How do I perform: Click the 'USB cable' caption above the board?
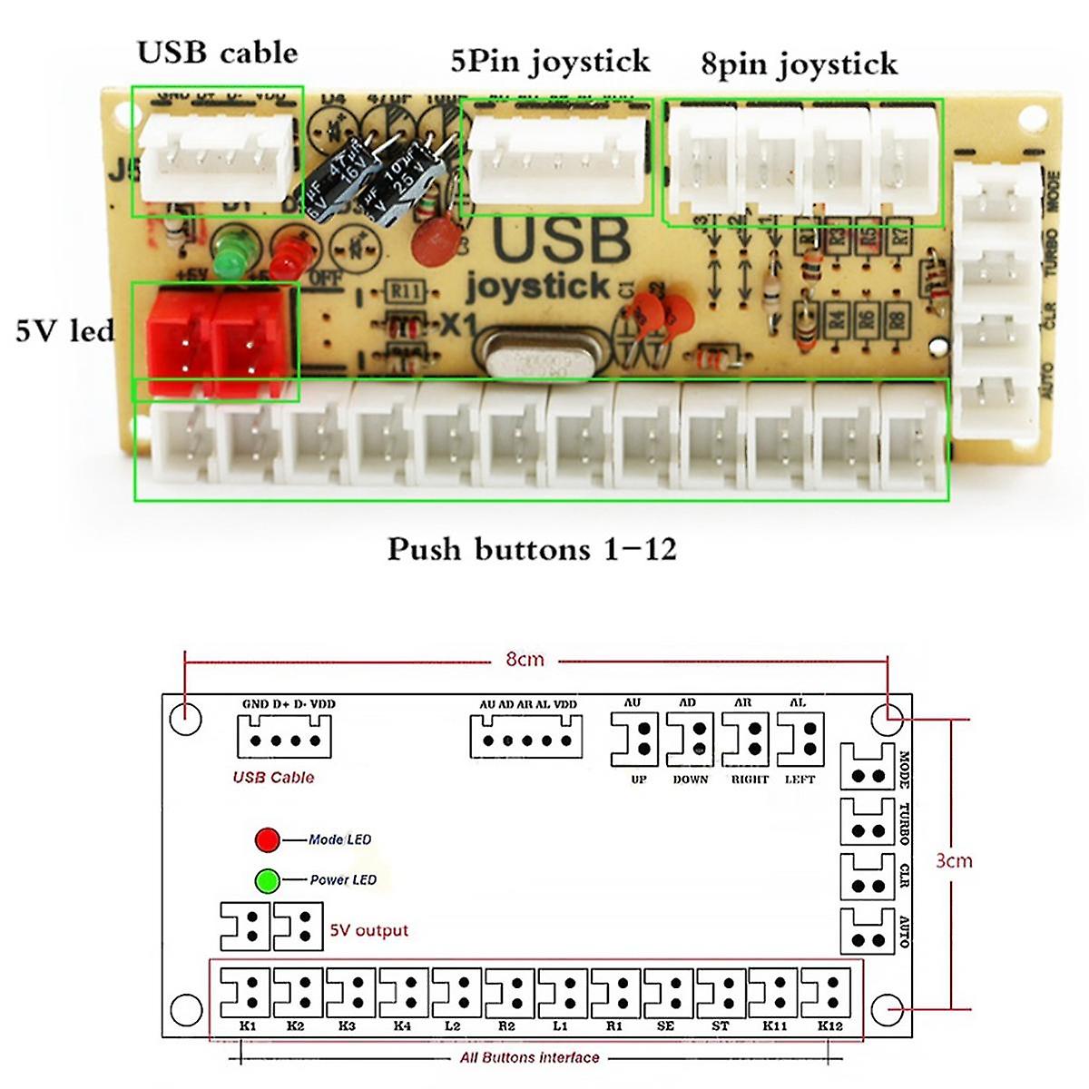tap(217, 53)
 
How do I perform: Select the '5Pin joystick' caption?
tap(550, 62)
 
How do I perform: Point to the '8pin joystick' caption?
tap(799, 64)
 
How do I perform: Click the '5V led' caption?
tap(64, 330)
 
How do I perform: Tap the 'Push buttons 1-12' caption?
tap(532, 549)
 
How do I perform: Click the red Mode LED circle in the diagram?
tap(267, 839)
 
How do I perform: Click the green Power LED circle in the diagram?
tap(267, 880)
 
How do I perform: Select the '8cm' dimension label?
tap(525, 660)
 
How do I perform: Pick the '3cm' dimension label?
tap(953, 860)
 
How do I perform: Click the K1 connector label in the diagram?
tap(248, 1026)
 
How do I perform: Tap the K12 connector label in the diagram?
tap(829, 1026)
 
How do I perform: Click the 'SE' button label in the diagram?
tap(665, 1026)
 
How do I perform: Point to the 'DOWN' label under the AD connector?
tap(690, 780)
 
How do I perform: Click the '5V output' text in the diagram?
tap(368, 930)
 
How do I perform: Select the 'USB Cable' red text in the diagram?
tap(273, 777)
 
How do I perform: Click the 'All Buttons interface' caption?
tap(529, 1057)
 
